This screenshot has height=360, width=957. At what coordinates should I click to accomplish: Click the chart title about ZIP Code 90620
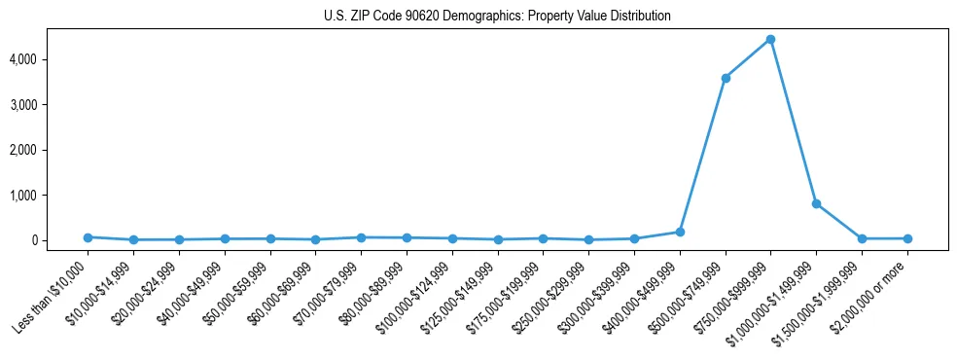[497, 17]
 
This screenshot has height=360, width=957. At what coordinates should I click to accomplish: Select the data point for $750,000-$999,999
[770, 39]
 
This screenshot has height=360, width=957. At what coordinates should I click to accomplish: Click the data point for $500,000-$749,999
[725, 78]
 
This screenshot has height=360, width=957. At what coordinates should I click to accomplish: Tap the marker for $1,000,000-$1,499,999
[816, 203]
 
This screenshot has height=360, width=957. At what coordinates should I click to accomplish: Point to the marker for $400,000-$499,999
[680, 232]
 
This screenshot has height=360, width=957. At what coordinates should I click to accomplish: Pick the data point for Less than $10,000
[88, 237]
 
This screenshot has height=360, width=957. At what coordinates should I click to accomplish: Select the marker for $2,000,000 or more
[907, 238]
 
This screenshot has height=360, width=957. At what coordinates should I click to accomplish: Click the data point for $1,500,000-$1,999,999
[862, 238]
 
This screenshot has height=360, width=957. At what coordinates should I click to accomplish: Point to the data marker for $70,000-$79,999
[361, 237]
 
